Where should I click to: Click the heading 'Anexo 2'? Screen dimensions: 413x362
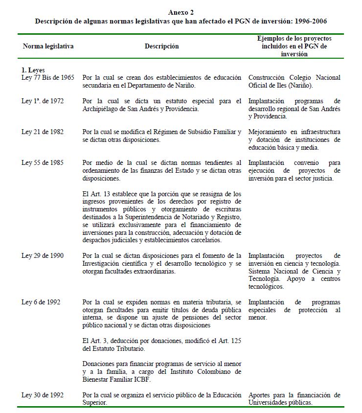pyautogui.click(x=181, y=12)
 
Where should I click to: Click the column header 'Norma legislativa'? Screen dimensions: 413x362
pyautogui.click(x=48, y=46)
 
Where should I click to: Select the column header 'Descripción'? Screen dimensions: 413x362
pyautogui.click(x=161, y=46)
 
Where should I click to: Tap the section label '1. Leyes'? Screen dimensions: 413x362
pyautogui.click(x=33, y=70)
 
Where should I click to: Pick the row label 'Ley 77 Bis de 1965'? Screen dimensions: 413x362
pyautogui.click(x=48, y=77)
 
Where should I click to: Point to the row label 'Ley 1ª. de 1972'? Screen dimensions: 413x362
pyautogui.click(x=43, y=101)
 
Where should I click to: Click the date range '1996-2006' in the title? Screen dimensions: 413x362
pyautogui.click(x=310, y=22)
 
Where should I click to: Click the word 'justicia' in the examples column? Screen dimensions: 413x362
pyautogui.click(x=322, y=178)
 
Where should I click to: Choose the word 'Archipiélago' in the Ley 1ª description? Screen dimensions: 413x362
pyautogui.click(x=101, y=109)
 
